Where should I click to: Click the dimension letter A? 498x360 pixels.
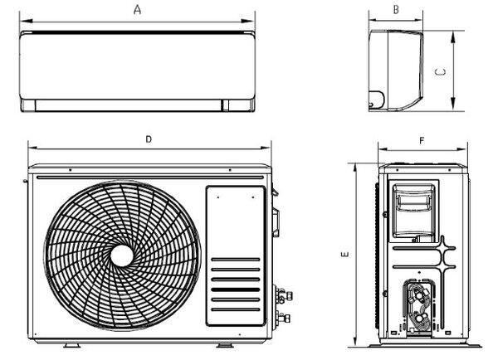click(137, 10)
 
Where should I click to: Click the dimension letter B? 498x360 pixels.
click(396, 10)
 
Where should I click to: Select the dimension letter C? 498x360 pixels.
click(440, 72)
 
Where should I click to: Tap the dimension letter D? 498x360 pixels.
click(149, 139)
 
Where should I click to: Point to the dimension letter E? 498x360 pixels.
click(344, 254)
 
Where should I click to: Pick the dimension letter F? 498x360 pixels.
click(422, 140)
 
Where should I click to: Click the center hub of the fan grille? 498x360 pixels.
click(122, 255)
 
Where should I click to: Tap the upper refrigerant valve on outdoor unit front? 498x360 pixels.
click(283, 295)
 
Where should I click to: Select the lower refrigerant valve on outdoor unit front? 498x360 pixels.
click(283, 318)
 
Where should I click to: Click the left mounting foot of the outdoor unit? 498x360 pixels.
click(71, 345)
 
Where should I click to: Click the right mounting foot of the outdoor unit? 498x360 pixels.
click(225, 345)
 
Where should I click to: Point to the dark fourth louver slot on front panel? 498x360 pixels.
click(236, 289)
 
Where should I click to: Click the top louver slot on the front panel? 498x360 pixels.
click(236, 260)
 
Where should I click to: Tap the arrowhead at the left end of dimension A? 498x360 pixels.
click(26, 21)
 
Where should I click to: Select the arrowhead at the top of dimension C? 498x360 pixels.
click(453, 37)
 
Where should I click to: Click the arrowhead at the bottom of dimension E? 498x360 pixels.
click(355, 340)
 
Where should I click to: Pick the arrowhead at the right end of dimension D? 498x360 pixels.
click(266, 148)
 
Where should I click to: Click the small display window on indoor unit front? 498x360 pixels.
click(226, 105)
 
